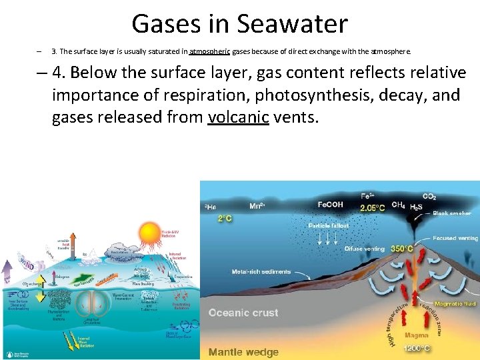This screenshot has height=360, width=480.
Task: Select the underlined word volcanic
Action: tap(238, 118)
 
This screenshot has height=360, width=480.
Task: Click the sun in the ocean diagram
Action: tap(149, 235)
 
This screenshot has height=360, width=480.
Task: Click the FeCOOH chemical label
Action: tap(330, 205)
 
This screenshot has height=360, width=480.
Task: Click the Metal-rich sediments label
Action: tap(261, 272)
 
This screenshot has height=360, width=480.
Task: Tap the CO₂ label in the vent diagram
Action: tap(429, 197)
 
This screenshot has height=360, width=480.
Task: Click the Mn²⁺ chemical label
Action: tap(258, 206)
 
